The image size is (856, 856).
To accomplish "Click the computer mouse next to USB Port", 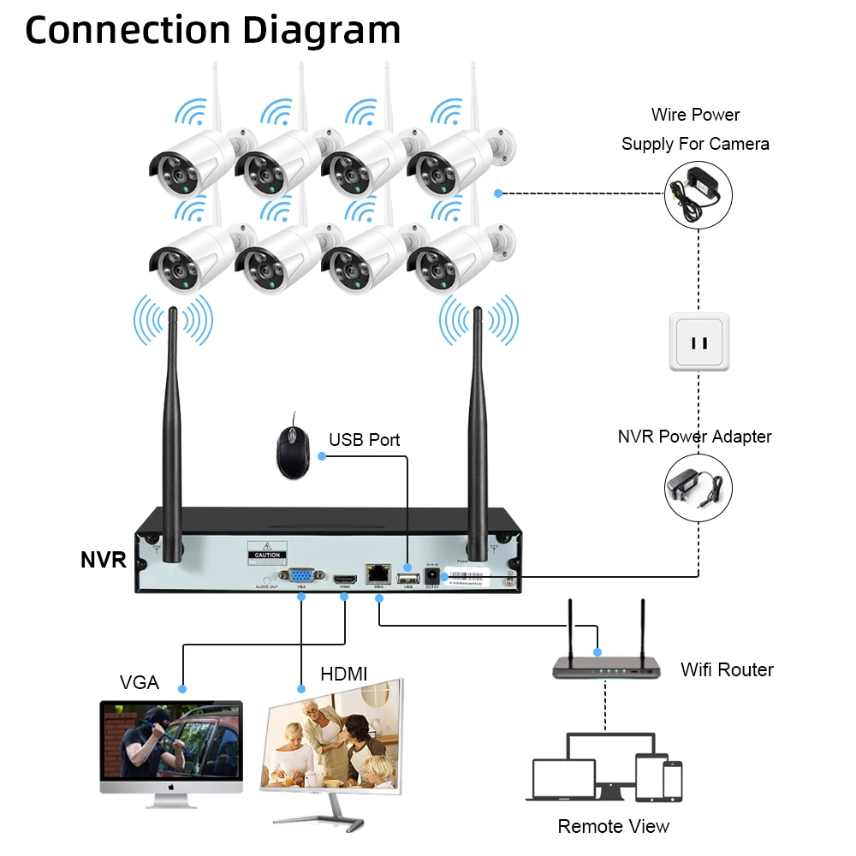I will tap(292, 444).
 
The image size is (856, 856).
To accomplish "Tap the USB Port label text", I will tap(364, 440).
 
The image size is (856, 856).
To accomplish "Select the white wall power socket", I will tap(699, 342).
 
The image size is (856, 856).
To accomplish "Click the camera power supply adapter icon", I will tap(699, 195).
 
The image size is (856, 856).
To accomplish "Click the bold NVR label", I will tap(103, 561).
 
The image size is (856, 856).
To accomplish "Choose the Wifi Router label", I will tap(727, 669).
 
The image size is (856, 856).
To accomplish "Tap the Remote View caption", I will tap(613, 826).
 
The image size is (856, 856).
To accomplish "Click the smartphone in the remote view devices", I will tap(673, 780).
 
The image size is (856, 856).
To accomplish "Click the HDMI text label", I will tap(343, 675).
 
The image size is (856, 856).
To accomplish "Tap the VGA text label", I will tap(140, 682).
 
